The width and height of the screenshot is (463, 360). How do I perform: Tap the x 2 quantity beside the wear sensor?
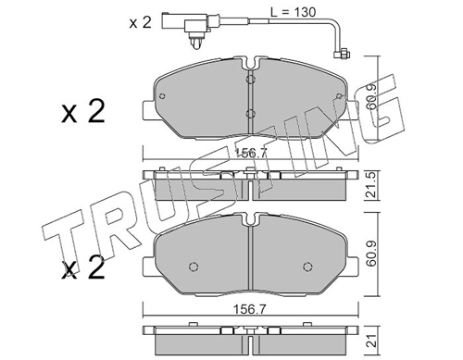tap(141, 22)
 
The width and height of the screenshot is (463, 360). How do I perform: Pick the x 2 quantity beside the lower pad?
tap(83, 268)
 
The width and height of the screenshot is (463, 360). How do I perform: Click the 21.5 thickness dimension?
tap(372, 185)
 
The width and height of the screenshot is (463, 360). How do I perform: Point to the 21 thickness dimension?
tap(372, 341)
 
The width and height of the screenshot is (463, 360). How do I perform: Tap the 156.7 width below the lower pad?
tap(249, 309)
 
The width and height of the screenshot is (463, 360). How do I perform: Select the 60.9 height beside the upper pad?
tap(372, 97)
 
